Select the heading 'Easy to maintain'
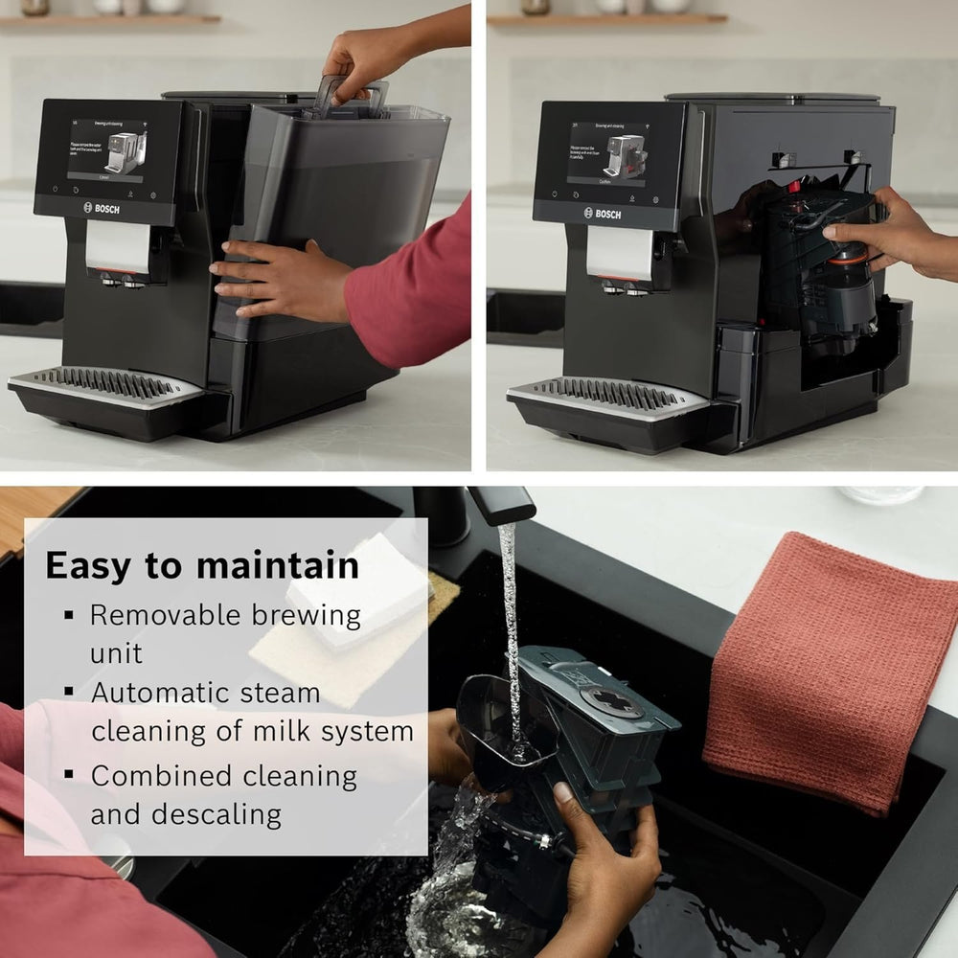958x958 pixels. tap(202, 565)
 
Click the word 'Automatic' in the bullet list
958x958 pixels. tap(159, 693)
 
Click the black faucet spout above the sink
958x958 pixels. tap(501, 505)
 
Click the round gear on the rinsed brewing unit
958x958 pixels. tap(610, 700)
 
